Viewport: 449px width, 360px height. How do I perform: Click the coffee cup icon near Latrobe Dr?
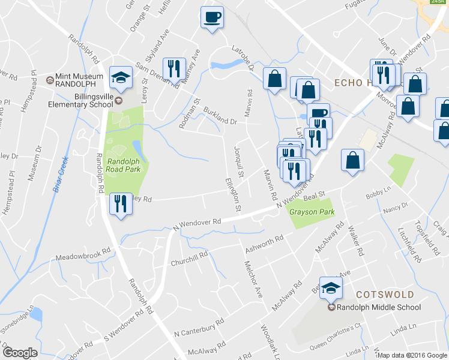point(211,17)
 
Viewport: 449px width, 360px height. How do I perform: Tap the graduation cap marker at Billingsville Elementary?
point(121,77)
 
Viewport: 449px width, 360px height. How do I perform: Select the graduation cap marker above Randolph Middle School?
point(330,289)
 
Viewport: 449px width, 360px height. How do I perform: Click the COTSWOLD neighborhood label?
point(385,295)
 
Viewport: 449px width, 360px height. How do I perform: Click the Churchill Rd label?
point(189,258)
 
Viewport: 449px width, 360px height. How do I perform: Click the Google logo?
point(19,353)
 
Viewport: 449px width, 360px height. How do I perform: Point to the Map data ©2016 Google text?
point(412,355)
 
